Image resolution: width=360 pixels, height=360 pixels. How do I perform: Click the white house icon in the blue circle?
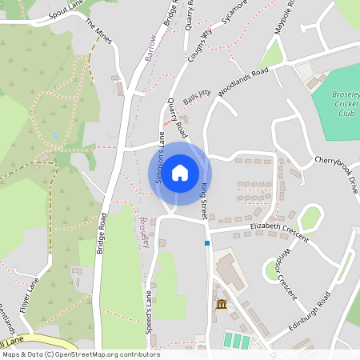coord(180,172)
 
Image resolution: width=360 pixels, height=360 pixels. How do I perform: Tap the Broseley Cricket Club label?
coord(346,104)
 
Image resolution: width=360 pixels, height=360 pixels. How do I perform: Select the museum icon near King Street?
coord(222,305)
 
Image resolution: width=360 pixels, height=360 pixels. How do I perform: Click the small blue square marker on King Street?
coord(207,242)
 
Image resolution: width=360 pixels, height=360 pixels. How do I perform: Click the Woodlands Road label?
coord(242,82)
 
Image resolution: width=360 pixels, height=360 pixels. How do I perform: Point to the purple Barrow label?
coord(150,49)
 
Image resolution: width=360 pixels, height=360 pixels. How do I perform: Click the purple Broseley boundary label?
coord(145,232)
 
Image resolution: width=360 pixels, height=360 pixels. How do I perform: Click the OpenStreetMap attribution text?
coord(80,354)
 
